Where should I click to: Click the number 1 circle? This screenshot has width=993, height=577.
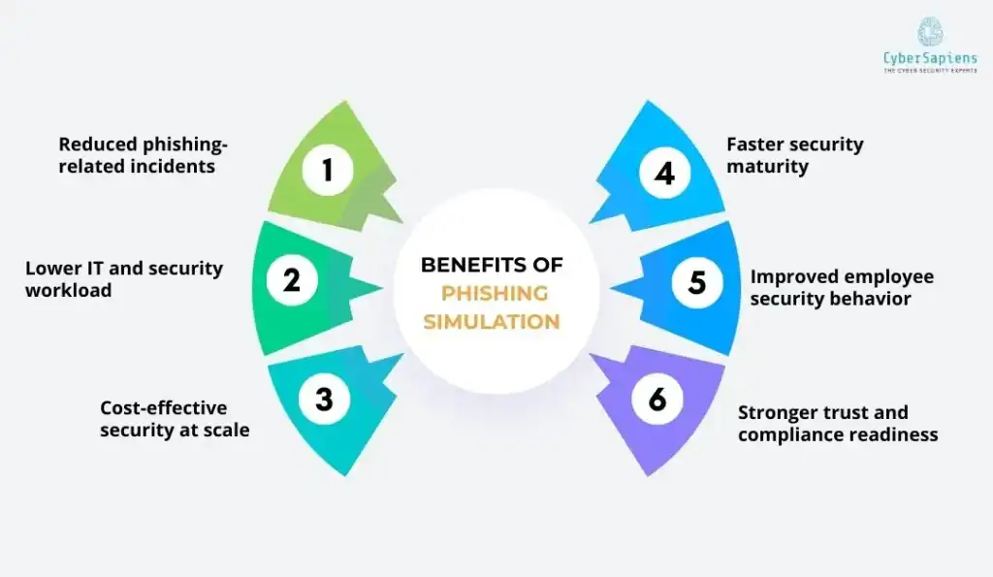pos(328,172)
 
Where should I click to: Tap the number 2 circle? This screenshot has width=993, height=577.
pos(292,280)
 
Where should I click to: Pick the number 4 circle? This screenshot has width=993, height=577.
pos(663,174)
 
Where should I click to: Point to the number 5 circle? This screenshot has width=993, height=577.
pos(697,282)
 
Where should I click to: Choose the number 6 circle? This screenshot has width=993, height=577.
pos(657,400)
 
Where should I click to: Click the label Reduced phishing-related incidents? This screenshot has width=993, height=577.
pos(143,155)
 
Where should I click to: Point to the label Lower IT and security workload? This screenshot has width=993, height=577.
pos(124,279)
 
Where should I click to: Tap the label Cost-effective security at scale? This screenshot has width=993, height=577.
pos(175,419)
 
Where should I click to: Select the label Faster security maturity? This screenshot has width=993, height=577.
pos(794,155)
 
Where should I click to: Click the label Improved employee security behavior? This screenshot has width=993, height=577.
pos(842,288)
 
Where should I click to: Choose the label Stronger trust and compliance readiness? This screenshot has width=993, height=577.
pos(837,424)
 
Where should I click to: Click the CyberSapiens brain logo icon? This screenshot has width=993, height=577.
pos(929,31)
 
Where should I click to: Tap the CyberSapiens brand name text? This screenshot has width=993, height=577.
pos(929,58)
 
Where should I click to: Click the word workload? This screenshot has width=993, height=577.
pos(68,291)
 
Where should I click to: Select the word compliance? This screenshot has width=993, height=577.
pos(789,435)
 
